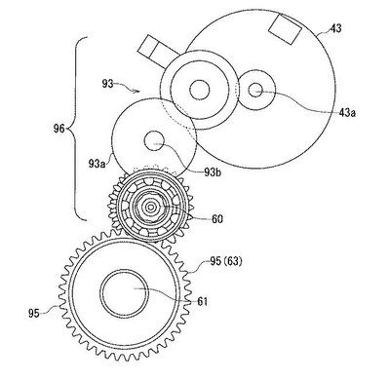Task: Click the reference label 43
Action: coord(335,28)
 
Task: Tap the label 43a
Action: coord(347,113)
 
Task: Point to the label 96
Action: coord(59,129)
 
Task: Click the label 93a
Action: coord(97,164)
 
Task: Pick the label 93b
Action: coord(213,172)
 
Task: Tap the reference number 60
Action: coord(217,219)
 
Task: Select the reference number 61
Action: coord(202,301)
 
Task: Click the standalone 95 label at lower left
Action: coord(34,314)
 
